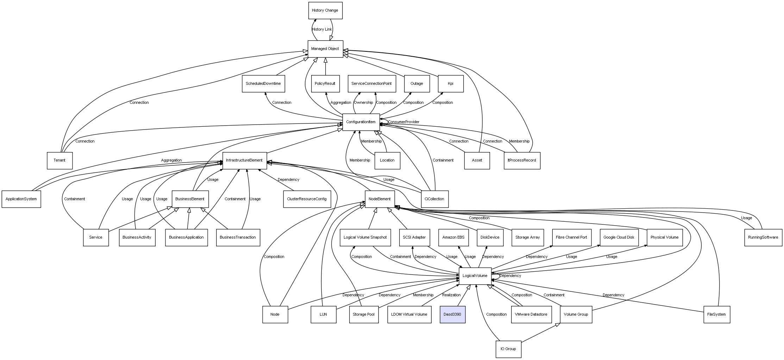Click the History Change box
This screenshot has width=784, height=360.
tap(325, 11)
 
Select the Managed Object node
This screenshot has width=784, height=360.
tap(325, 49)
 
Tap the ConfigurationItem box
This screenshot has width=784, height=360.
tap(361, 122)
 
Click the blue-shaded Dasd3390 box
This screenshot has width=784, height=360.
tap(452, 314)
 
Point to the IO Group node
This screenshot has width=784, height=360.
tap(508, 349)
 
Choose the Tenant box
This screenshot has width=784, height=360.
tap(59, 160)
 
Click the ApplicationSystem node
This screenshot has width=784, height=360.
tap(21, 199)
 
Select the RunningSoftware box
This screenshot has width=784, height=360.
tap(763, 237)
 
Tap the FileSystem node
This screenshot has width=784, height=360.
tap(716, 314)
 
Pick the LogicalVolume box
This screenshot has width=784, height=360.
tap(475, 276)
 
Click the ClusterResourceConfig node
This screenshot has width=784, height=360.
tap(307, 199)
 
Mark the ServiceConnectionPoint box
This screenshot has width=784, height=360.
tap(371, 84)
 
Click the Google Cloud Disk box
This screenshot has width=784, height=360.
tap(619, 237)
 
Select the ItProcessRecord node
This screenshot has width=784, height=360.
tap(522, 160)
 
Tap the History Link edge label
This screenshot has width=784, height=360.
tap(322, 30)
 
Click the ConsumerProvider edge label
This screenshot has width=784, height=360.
tap(403, 122)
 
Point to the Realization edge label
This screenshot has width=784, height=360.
tap(451, 295)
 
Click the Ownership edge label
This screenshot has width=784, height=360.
tap(363, 103)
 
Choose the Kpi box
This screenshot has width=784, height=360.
tap(451, 84)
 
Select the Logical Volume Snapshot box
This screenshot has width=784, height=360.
tap(365, 237)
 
